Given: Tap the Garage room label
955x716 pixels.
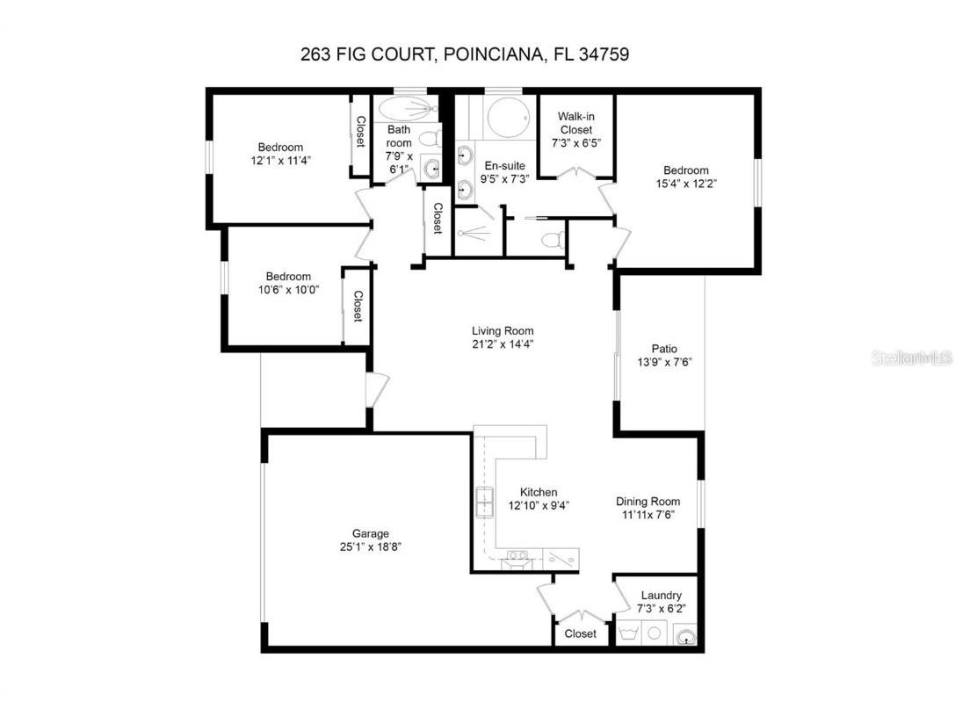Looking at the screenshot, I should click(370, 533).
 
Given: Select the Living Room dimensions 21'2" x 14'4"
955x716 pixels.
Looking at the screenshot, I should click(503, 344).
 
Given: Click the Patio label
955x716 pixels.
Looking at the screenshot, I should click(663, 348).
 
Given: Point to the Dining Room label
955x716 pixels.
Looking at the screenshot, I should click(648, 502).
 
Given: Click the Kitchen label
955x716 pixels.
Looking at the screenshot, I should click(539, 492).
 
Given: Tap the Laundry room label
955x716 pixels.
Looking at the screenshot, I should click(661, 595).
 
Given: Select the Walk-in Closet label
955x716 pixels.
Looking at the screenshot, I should click(575, 123).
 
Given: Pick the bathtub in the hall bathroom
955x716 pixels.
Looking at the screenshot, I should click(407, 109).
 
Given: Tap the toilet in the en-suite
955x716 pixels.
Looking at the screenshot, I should click(553, 239).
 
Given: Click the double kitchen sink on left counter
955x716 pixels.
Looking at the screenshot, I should click(484, 502).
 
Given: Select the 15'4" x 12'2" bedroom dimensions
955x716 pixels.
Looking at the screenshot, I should click(685, 184).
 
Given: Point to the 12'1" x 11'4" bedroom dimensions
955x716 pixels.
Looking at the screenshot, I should click(280, 161).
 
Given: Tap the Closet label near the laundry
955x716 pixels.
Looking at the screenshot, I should click(580, 633).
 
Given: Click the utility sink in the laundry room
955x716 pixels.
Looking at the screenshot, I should click(684, 635).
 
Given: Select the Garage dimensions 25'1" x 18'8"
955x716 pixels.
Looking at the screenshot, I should click(370, 546).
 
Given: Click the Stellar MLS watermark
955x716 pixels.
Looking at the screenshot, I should click(910, 358).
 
